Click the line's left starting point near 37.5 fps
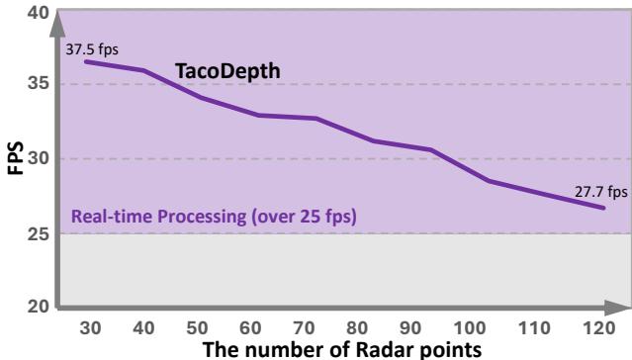pyautogui.click(x=85, y=61)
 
